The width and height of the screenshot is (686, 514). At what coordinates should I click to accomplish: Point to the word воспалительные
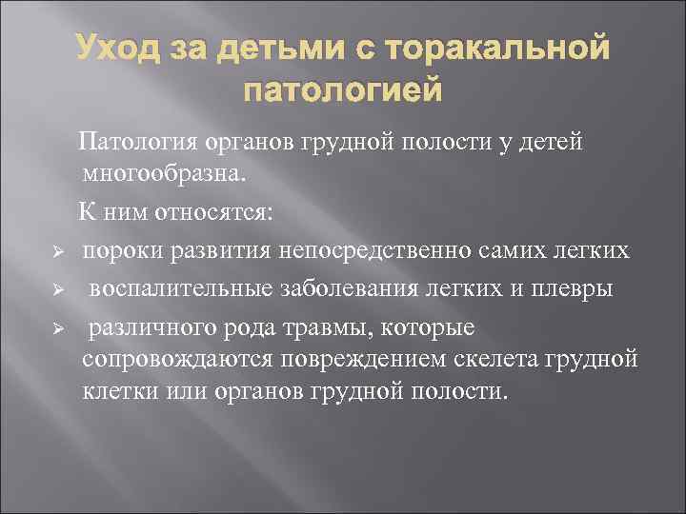pyautogui.click(x=171, y=288)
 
